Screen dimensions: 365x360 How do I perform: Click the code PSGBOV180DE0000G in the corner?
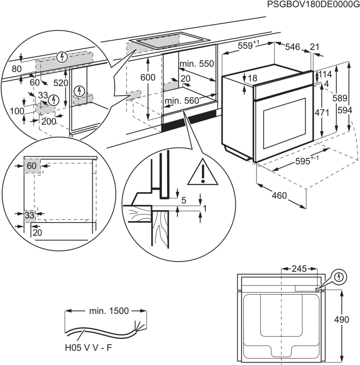pyautogui.click(x=312, y=5)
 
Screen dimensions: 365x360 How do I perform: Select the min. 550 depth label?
pyautogui.click(x=197, y=64)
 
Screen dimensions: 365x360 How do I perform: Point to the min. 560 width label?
pyautogui.click(x=182, y=100)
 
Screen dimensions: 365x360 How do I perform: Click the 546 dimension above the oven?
pyautogui.click(x=293, y=47)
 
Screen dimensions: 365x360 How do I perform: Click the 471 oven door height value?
pyautogui.click(x=322, y=113)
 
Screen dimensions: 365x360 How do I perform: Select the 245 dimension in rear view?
pyautogui.click(x=299, y=269)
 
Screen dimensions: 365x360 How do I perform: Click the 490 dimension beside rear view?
pyautogui.click(x=341, y=320)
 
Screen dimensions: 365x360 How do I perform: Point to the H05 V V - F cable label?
pyautogui.click(x=88, y=348)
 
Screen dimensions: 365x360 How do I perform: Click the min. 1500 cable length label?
pyautogui.click(x=109, y=311)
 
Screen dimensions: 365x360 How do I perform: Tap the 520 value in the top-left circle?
pyautogui.click(x=61, y=82)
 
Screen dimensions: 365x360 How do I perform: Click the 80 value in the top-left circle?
pyautogui.click(x=16, y=69)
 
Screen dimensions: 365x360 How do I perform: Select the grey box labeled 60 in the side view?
pyautogui.click(x=32, y=166)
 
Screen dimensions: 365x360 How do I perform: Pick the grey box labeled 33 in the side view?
pyautogui.click(x=29, y=215)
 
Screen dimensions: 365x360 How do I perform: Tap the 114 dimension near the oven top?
pyautogui.click(x=325, y=74)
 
